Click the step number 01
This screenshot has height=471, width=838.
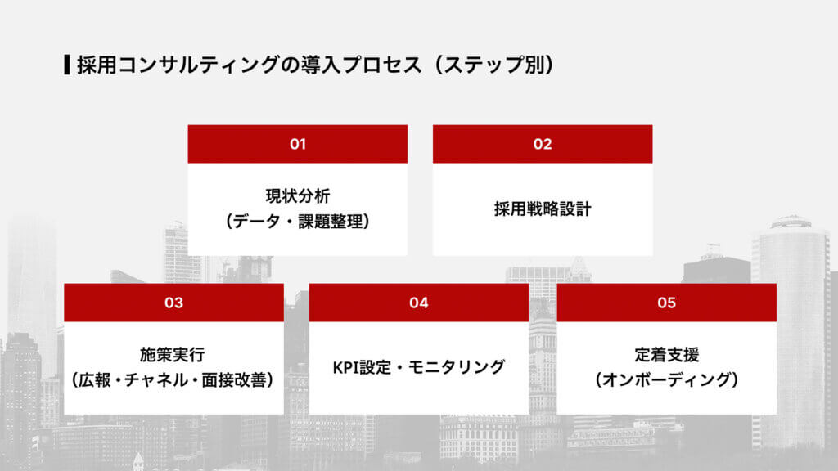click(x=297, y=144)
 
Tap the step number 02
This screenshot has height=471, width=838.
click(x=543, y=144)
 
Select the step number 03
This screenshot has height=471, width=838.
click(x=173, y=303)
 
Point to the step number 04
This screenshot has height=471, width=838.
click(x=419, y=303)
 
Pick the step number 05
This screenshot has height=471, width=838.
click(x=666, y=303)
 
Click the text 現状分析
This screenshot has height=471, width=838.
click(x=297, y=196)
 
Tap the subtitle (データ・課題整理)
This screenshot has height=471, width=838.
click(x=297, y=222)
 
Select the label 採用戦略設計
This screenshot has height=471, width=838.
click(x=543, y=209)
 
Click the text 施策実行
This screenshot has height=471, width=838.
click(x=173, y=355)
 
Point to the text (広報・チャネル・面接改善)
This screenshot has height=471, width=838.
click(x=173, y=380)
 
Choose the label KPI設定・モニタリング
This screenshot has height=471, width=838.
click(x=419, y=367)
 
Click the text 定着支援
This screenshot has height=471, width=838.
click(x=666, y=355)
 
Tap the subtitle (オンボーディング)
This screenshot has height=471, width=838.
click(x=666, y=380)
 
